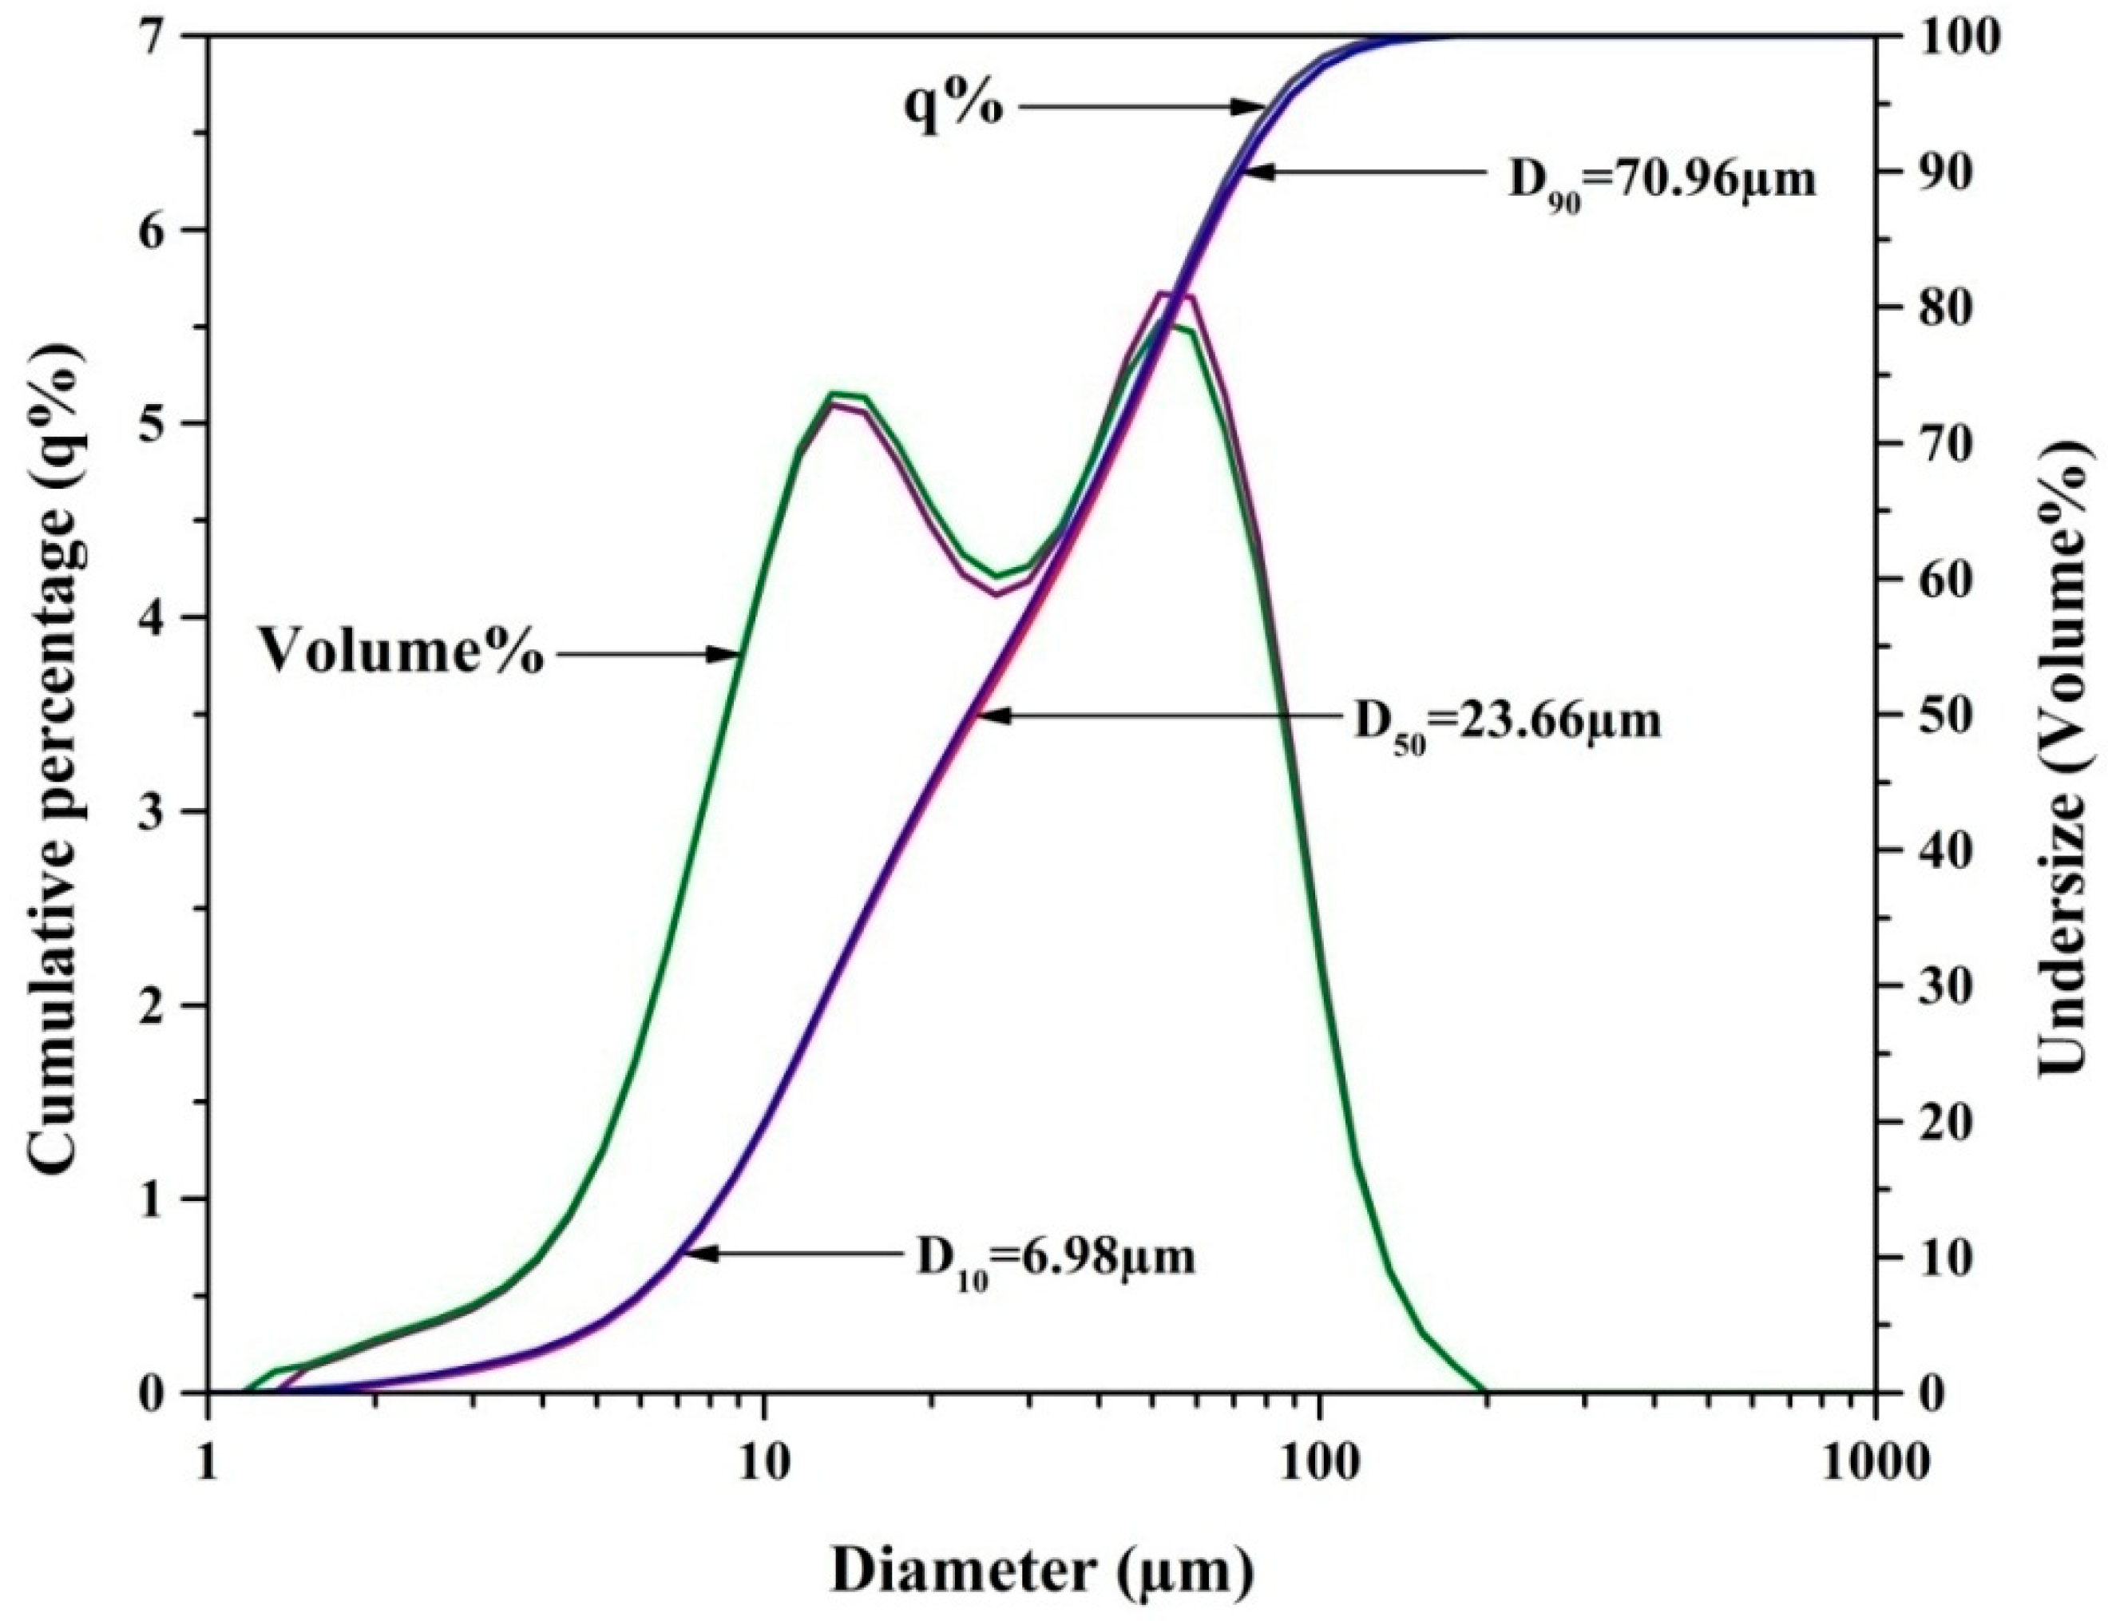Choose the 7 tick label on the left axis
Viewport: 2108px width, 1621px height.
pyautogui.click(x=171, y=37)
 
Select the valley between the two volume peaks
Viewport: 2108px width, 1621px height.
pyautogui.click(x=999, y=577)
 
